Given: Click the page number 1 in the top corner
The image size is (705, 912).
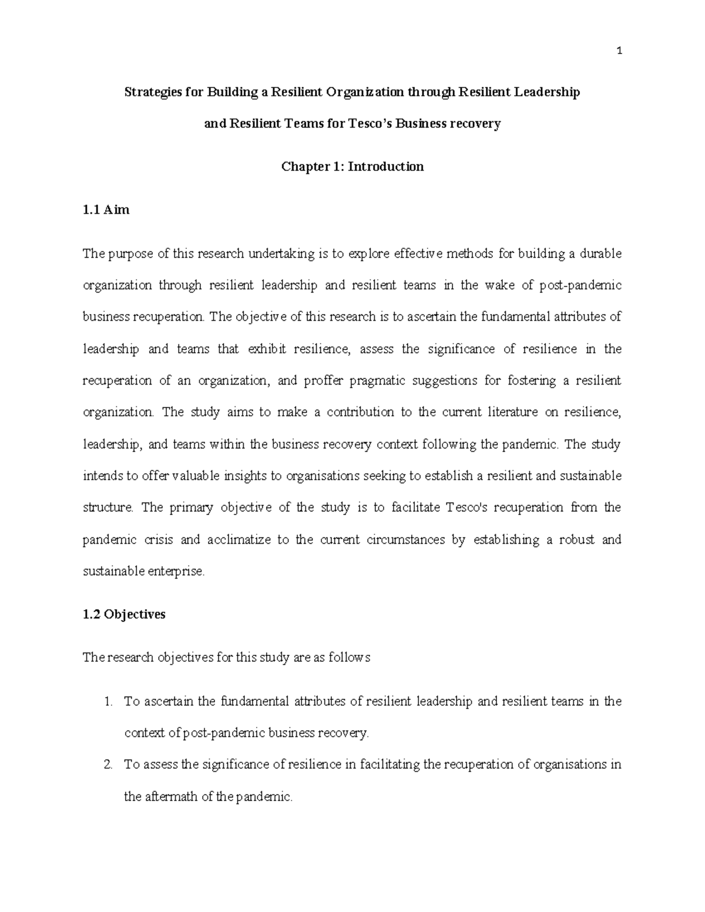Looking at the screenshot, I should pyautogui.click(x=619, y=52).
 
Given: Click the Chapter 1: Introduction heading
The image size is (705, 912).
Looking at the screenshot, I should pyautogui.click(x=352, y=167).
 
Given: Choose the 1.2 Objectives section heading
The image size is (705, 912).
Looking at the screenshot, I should pyautogui.click(x=124, y=614).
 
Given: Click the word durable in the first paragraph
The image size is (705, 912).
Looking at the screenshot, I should pyautogui.click(x=600, y=254).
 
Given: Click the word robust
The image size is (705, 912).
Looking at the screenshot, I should pyautogui.click(x=576, y=540).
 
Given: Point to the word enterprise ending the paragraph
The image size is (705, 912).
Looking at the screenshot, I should pyautogui.click(x=175, y=571).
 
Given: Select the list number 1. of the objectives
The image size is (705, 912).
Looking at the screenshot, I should pyautogui.click(x=107, y=702).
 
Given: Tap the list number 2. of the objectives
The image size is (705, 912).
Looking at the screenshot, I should pyautogui.click(x=107, y=765).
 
